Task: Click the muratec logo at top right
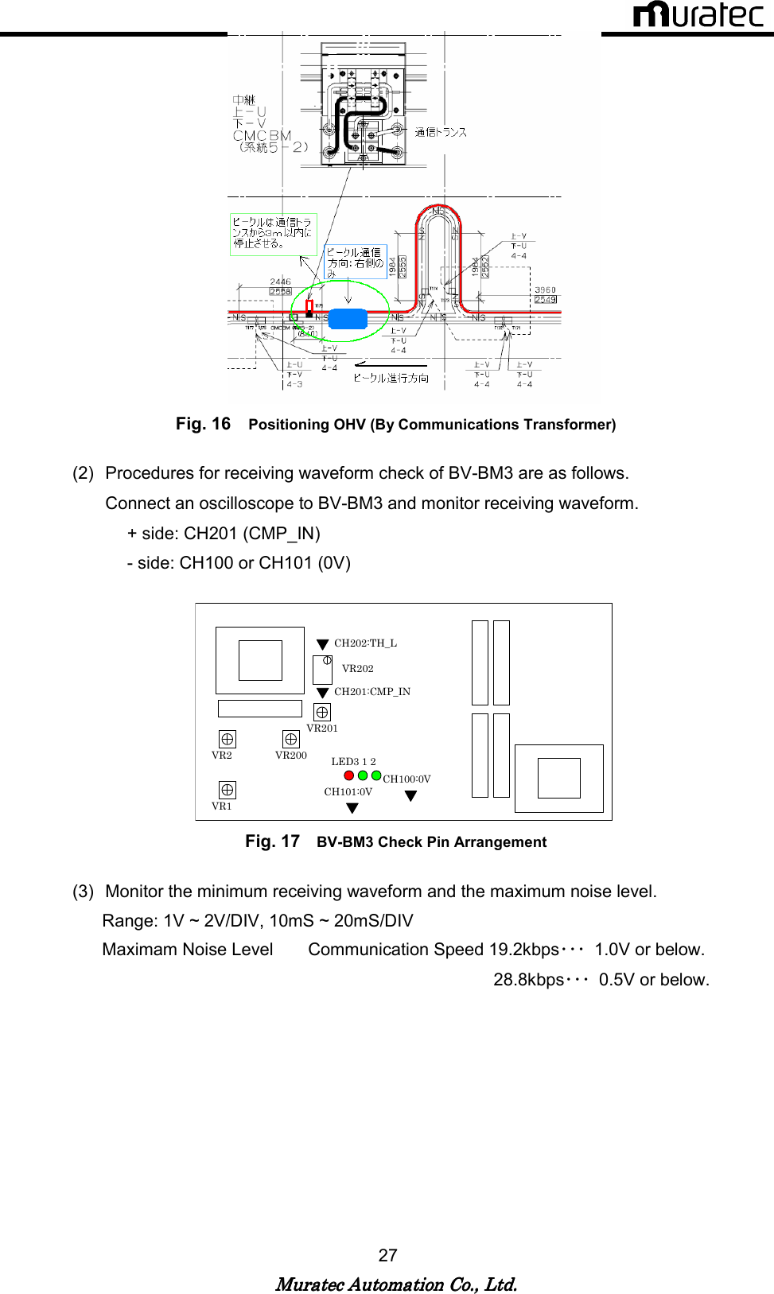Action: coord(697,15)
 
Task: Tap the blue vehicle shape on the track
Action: coord(348,319)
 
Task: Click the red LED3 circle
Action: coord(348,775)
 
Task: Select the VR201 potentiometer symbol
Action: coord(322,712)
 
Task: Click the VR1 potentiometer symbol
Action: coord(227,790)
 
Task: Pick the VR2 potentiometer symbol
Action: coord(227,739)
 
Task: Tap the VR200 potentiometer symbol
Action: coord(291,739)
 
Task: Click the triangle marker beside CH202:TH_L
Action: coord(322,644)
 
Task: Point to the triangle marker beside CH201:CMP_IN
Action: coord(322,693)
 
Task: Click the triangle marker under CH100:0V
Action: coord(410,795)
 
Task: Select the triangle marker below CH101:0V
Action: coord(352,808)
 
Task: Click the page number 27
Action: coord(387,1255)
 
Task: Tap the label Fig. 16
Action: coord(203,424)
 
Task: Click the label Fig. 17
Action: coord(272,841)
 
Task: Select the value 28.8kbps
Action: coord(528,980)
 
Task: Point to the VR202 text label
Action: coord(357,669)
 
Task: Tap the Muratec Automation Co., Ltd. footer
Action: coord(396,1284)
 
